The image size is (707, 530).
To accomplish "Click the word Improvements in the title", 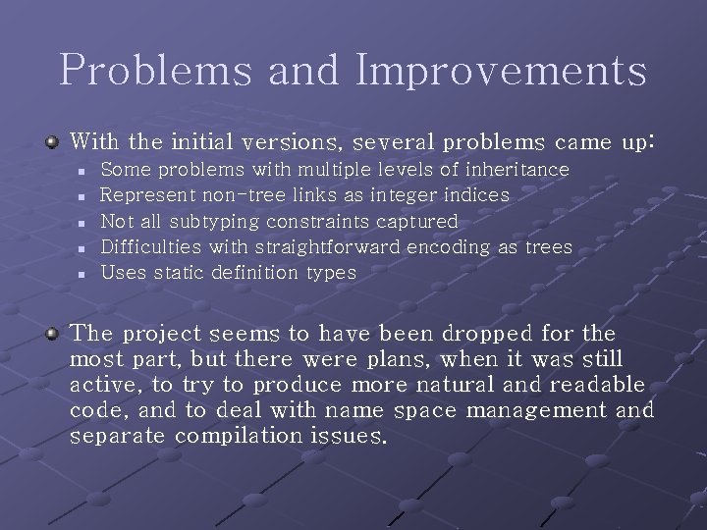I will coord(502,71).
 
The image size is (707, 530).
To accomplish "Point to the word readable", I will coord(597,385).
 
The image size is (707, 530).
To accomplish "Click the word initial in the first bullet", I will coord(185,143).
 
